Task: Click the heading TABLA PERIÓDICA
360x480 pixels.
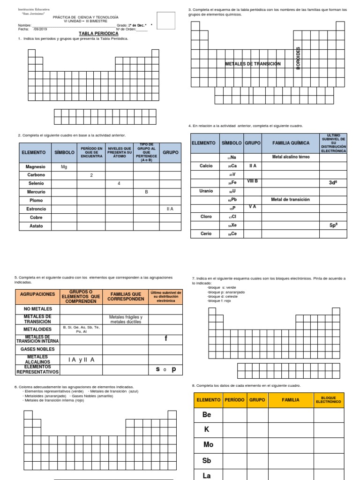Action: [98, 34]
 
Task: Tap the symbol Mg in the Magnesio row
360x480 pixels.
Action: [64, 167]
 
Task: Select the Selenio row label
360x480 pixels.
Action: [36, 183]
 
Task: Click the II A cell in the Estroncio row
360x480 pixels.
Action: [170, 209]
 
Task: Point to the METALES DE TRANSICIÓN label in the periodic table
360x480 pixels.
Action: [253, 64]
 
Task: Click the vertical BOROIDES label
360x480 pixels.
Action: [298, 58]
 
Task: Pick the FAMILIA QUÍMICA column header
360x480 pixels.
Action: [291, 142]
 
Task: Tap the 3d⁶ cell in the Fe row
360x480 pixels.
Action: [333, 183]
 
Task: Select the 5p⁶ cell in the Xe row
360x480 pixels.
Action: [333, 225]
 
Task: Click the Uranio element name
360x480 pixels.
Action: [206, 191]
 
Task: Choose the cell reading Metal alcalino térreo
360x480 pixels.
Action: [291, 157]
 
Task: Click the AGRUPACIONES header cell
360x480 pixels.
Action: [37, 295]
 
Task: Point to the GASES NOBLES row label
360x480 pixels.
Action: [37, 349]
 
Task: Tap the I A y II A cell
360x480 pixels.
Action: [81, 360]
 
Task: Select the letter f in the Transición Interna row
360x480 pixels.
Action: [165, 338]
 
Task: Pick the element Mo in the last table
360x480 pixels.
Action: [208, 445]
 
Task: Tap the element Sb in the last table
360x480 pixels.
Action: [207, 460]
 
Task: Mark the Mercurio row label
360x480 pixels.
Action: [36, 192]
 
